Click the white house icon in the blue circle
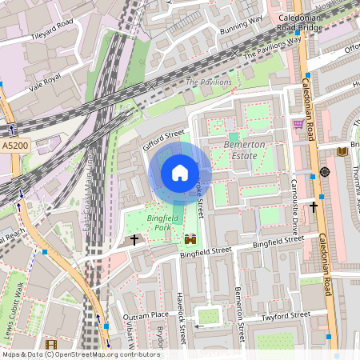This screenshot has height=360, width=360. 180,173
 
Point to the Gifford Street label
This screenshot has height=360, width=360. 163,142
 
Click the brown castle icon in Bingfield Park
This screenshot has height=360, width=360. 190,238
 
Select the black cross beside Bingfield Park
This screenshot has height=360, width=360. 134,239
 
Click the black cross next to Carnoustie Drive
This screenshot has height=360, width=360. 314,206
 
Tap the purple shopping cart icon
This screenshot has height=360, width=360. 298,124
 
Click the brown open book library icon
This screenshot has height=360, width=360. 342,151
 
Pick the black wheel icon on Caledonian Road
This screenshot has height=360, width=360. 325,172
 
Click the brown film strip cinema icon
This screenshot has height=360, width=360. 52,345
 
